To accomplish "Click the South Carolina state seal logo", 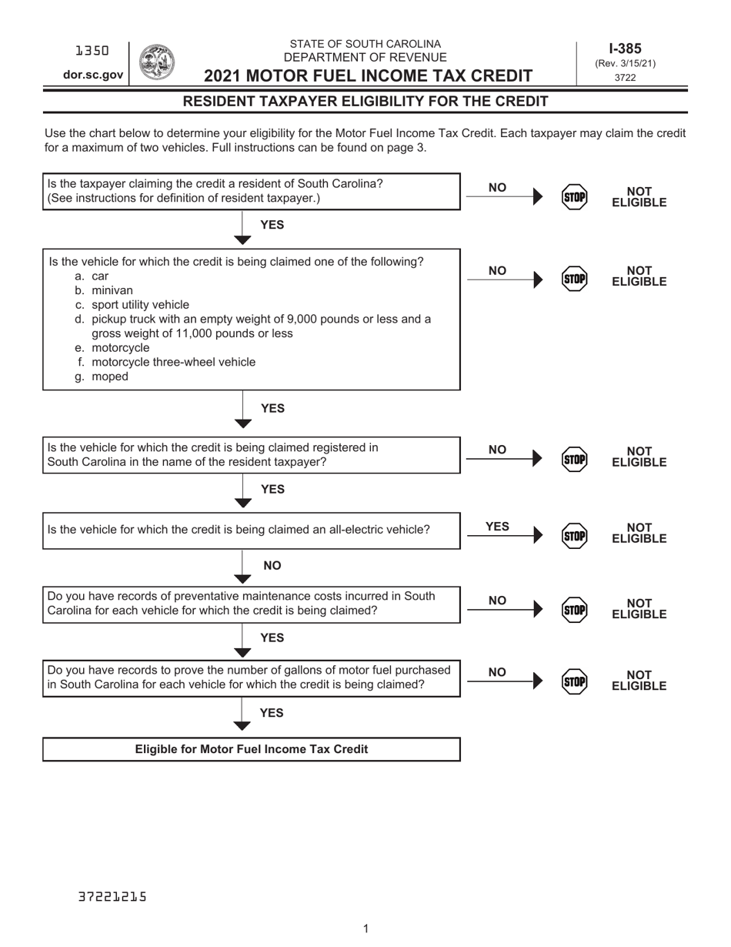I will (x=157, y=62).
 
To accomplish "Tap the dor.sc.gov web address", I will (x=93, y=75).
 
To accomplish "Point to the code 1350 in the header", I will (x=93, y=51).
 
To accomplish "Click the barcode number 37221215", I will (x=112, y=897).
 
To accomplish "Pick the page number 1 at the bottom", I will (x=365, y=929).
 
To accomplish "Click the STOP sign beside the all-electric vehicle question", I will (x=574, y=535).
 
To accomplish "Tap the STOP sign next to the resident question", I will (x=574, y=197).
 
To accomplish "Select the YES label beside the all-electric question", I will (x=498, y=527).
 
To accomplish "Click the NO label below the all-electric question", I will (x=272, y=566).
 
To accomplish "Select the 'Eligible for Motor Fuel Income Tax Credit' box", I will (x=252, y=749).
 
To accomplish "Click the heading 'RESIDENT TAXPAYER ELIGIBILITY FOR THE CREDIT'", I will (x=365, y=102).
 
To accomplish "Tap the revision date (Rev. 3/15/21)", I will (x=626, y=64).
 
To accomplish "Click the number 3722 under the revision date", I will (x=626, y=77).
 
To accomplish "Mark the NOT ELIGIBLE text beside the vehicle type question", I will (x=639, y=276).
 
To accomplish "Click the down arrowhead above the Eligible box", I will (x=242, y=725).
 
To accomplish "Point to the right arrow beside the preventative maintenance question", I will (x=537, y=609).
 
